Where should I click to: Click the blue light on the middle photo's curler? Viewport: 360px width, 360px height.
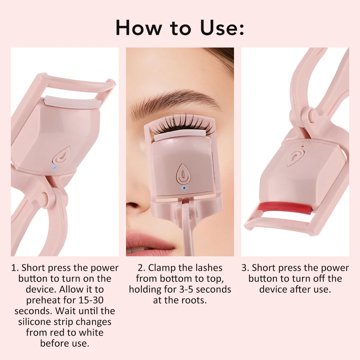click(x=184, y=188)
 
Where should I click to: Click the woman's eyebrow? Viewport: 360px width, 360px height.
click(x=173, y=102)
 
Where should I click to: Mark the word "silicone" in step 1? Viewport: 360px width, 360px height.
click(x=37, y=321)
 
